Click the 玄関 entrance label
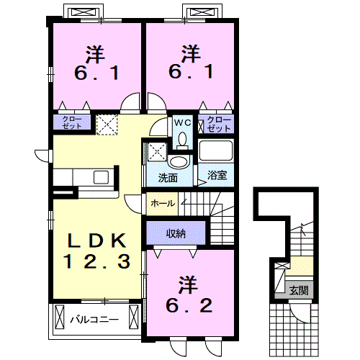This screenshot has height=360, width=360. coord(299,291)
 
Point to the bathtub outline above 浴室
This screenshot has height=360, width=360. coord(217,152)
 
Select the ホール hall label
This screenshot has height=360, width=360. coord(163,204)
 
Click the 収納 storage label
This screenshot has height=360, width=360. coord(177,232)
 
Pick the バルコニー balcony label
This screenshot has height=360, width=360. coord(94,316)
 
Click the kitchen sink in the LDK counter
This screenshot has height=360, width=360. coord(99,176)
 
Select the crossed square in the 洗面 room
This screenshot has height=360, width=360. coord(157,152)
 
